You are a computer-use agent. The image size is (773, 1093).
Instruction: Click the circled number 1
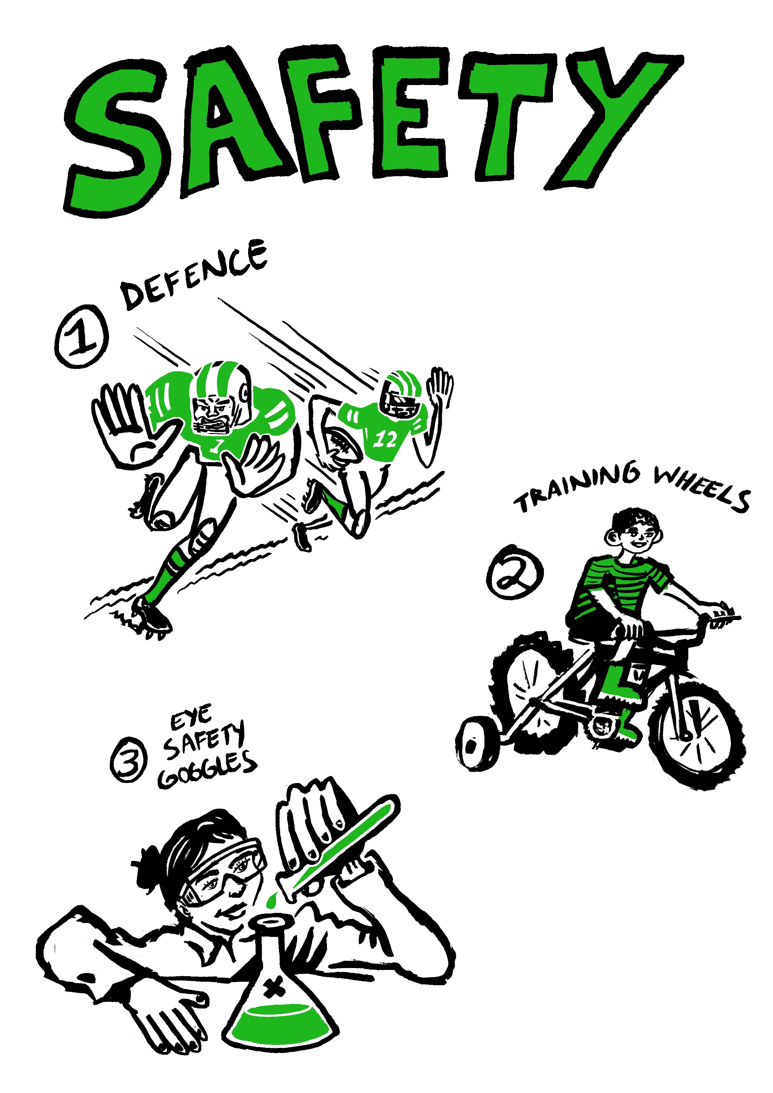[81, 336]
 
